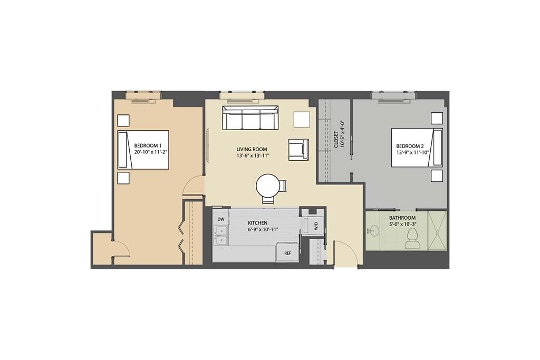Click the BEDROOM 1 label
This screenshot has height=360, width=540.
[147, 145]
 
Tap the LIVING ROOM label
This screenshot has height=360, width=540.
[250, 149]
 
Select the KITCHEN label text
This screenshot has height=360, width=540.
[258, 223]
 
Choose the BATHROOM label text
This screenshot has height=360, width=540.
[402, 218]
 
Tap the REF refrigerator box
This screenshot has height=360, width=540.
[287, 252]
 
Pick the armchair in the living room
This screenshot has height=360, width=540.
[298, 149]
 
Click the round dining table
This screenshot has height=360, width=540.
[268, 186]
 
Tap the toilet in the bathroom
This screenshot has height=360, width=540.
[411, 239]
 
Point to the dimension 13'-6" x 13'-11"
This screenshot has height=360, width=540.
[254, 156]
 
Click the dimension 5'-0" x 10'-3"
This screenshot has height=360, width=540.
[402, 225]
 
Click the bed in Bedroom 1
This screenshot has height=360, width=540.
[143, 150]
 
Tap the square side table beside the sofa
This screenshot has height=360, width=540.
[302, 119]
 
